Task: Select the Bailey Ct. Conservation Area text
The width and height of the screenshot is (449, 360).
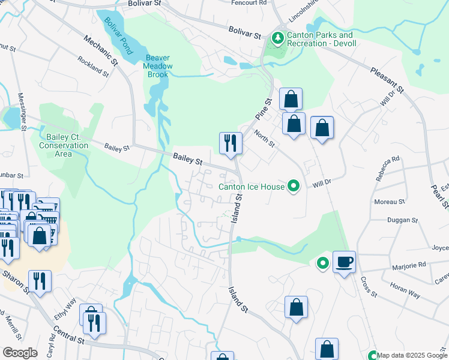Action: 63,146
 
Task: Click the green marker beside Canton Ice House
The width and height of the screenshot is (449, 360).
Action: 294,187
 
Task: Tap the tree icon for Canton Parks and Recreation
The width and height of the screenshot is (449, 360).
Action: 277,39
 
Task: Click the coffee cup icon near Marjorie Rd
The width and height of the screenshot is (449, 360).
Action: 344,262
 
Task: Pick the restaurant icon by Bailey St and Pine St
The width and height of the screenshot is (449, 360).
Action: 231,143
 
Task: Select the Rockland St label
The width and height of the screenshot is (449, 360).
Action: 92,67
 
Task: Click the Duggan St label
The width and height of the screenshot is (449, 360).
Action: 402,220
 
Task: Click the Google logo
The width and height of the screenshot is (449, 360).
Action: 20,353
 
